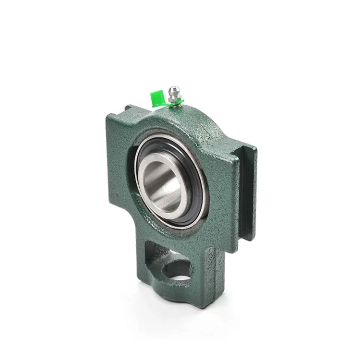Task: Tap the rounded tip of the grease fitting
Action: (x=174, y=88)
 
